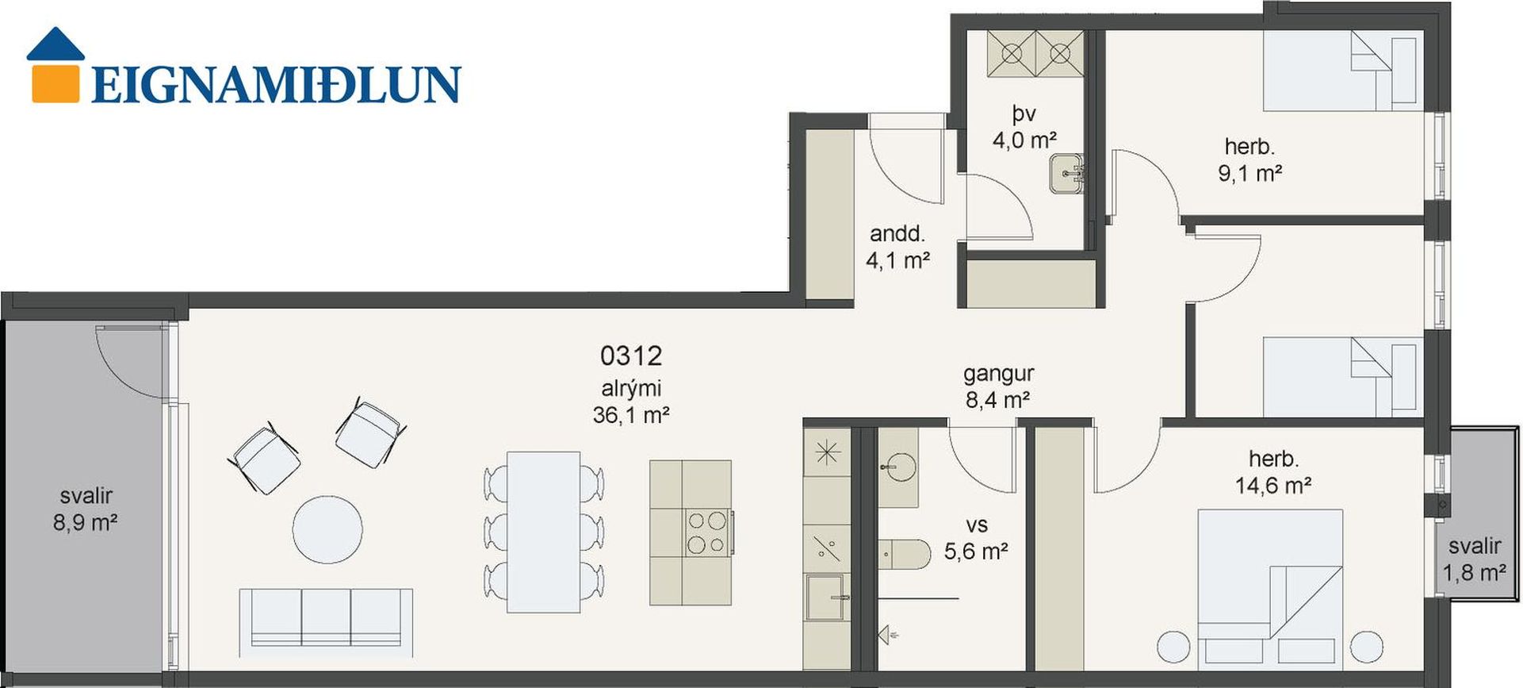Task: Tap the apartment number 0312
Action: coord(631,356)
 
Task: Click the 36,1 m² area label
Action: coord(631,414)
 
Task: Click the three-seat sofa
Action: coord(326,622)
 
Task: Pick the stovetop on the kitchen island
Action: coord(707,532)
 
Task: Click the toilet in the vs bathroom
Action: coord(904,554)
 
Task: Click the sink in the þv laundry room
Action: coord(1066,173)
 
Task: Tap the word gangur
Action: coord(998,373)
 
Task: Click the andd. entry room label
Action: coord(897,234)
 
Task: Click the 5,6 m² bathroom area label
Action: coord(976,551)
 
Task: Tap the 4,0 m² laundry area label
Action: coord(1024,140)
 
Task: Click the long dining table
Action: coord(543,532)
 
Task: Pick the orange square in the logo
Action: coord(55,83)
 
